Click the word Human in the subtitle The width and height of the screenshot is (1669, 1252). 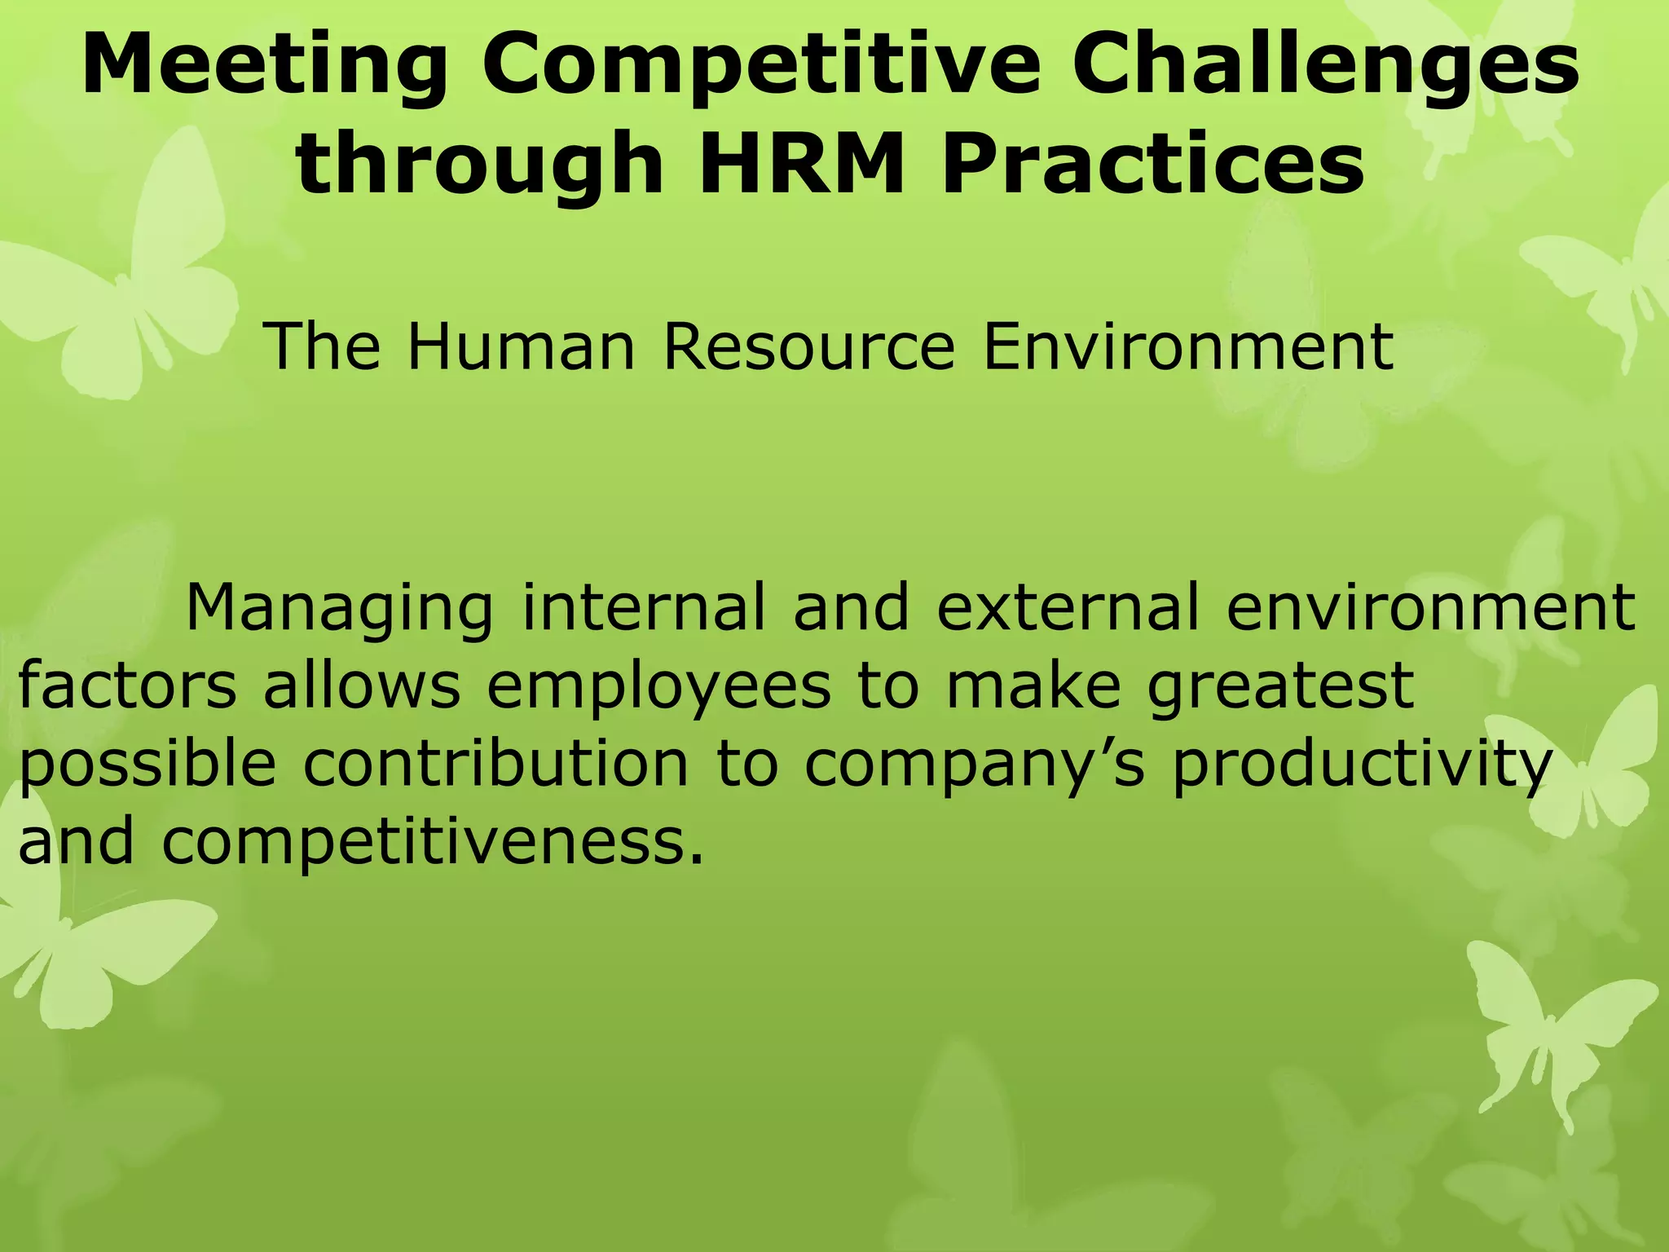coord(520,347)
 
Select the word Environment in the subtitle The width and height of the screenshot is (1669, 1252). coord(1188,347)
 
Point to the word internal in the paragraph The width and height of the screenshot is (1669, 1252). coord(644,607)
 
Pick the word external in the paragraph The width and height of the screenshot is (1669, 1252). coord(1067,607)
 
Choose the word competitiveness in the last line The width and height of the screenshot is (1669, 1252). coord(432,844)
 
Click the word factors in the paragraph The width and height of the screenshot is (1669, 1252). coord(127,686)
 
